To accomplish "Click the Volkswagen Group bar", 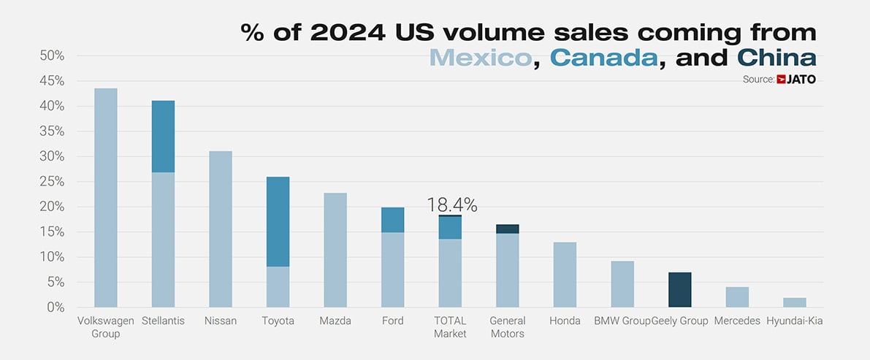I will tap(106, 197).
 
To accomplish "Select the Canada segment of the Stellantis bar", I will tap(163, 137).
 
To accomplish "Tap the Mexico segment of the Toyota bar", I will tap(278, 287).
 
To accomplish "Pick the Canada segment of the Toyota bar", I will tap(278, 221).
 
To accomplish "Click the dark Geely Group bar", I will tap(680, 290).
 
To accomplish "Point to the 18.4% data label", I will tap(452, 205).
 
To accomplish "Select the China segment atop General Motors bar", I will tap(507, 229).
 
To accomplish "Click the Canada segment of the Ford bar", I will tap(392, 220).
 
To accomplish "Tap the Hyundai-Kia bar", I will tap(795, 302).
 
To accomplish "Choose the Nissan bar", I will tap(221, 229).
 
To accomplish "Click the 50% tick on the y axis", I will tap(52, 55).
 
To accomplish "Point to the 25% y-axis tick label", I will tap(52, 182).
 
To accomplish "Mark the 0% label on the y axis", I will tap(56, 307).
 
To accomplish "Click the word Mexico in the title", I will tap(480, 57).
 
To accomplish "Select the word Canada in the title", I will tap(603, 57).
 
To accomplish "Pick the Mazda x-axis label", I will tap(335, 321).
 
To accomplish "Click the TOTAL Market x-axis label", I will tap(450, 327).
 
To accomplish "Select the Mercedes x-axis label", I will tap(737, 321).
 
